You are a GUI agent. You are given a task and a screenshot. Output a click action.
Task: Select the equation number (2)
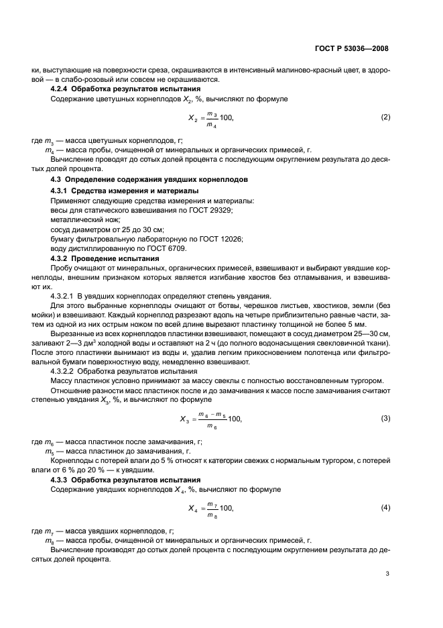pyautogui.click(x=385, y=117)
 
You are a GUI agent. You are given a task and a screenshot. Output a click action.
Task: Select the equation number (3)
pyautogui.click(x=385, y=419)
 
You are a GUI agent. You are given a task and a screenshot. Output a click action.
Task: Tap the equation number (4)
pyautogui.click(x=385, y=507)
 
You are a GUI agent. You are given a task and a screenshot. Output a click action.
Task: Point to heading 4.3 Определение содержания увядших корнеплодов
pyautogui.click(x=149, y=180)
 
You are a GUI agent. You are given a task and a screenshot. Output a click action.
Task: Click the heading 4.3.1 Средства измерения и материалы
pyautogui.click(x=122, y=192)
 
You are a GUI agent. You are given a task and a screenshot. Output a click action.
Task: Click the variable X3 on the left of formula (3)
pyautogui.click(x=184, y=419)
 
